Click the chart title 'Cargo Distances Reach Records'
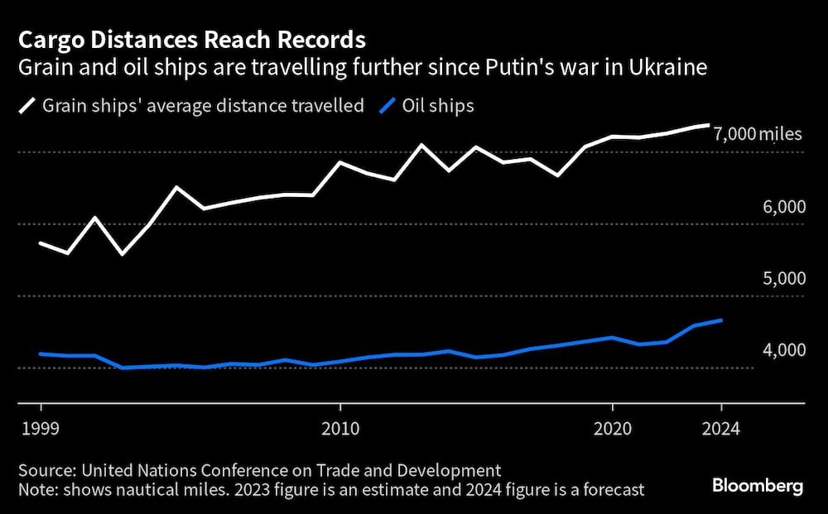coord(192,39)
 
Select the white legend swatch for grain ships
coord(28,106)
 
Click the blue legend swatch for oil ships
coord(388,106)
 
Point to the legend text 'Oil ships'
coord(439,106)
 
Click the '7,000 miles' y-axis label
coord(757,134)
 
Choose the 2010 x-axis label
coord(339,429)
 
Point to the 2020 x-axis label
coord(613,429)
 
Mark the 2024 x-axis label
coord(721,429)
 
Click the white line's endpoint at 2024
coord(709,125)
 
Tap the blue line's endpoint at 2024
coord(721,320)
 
